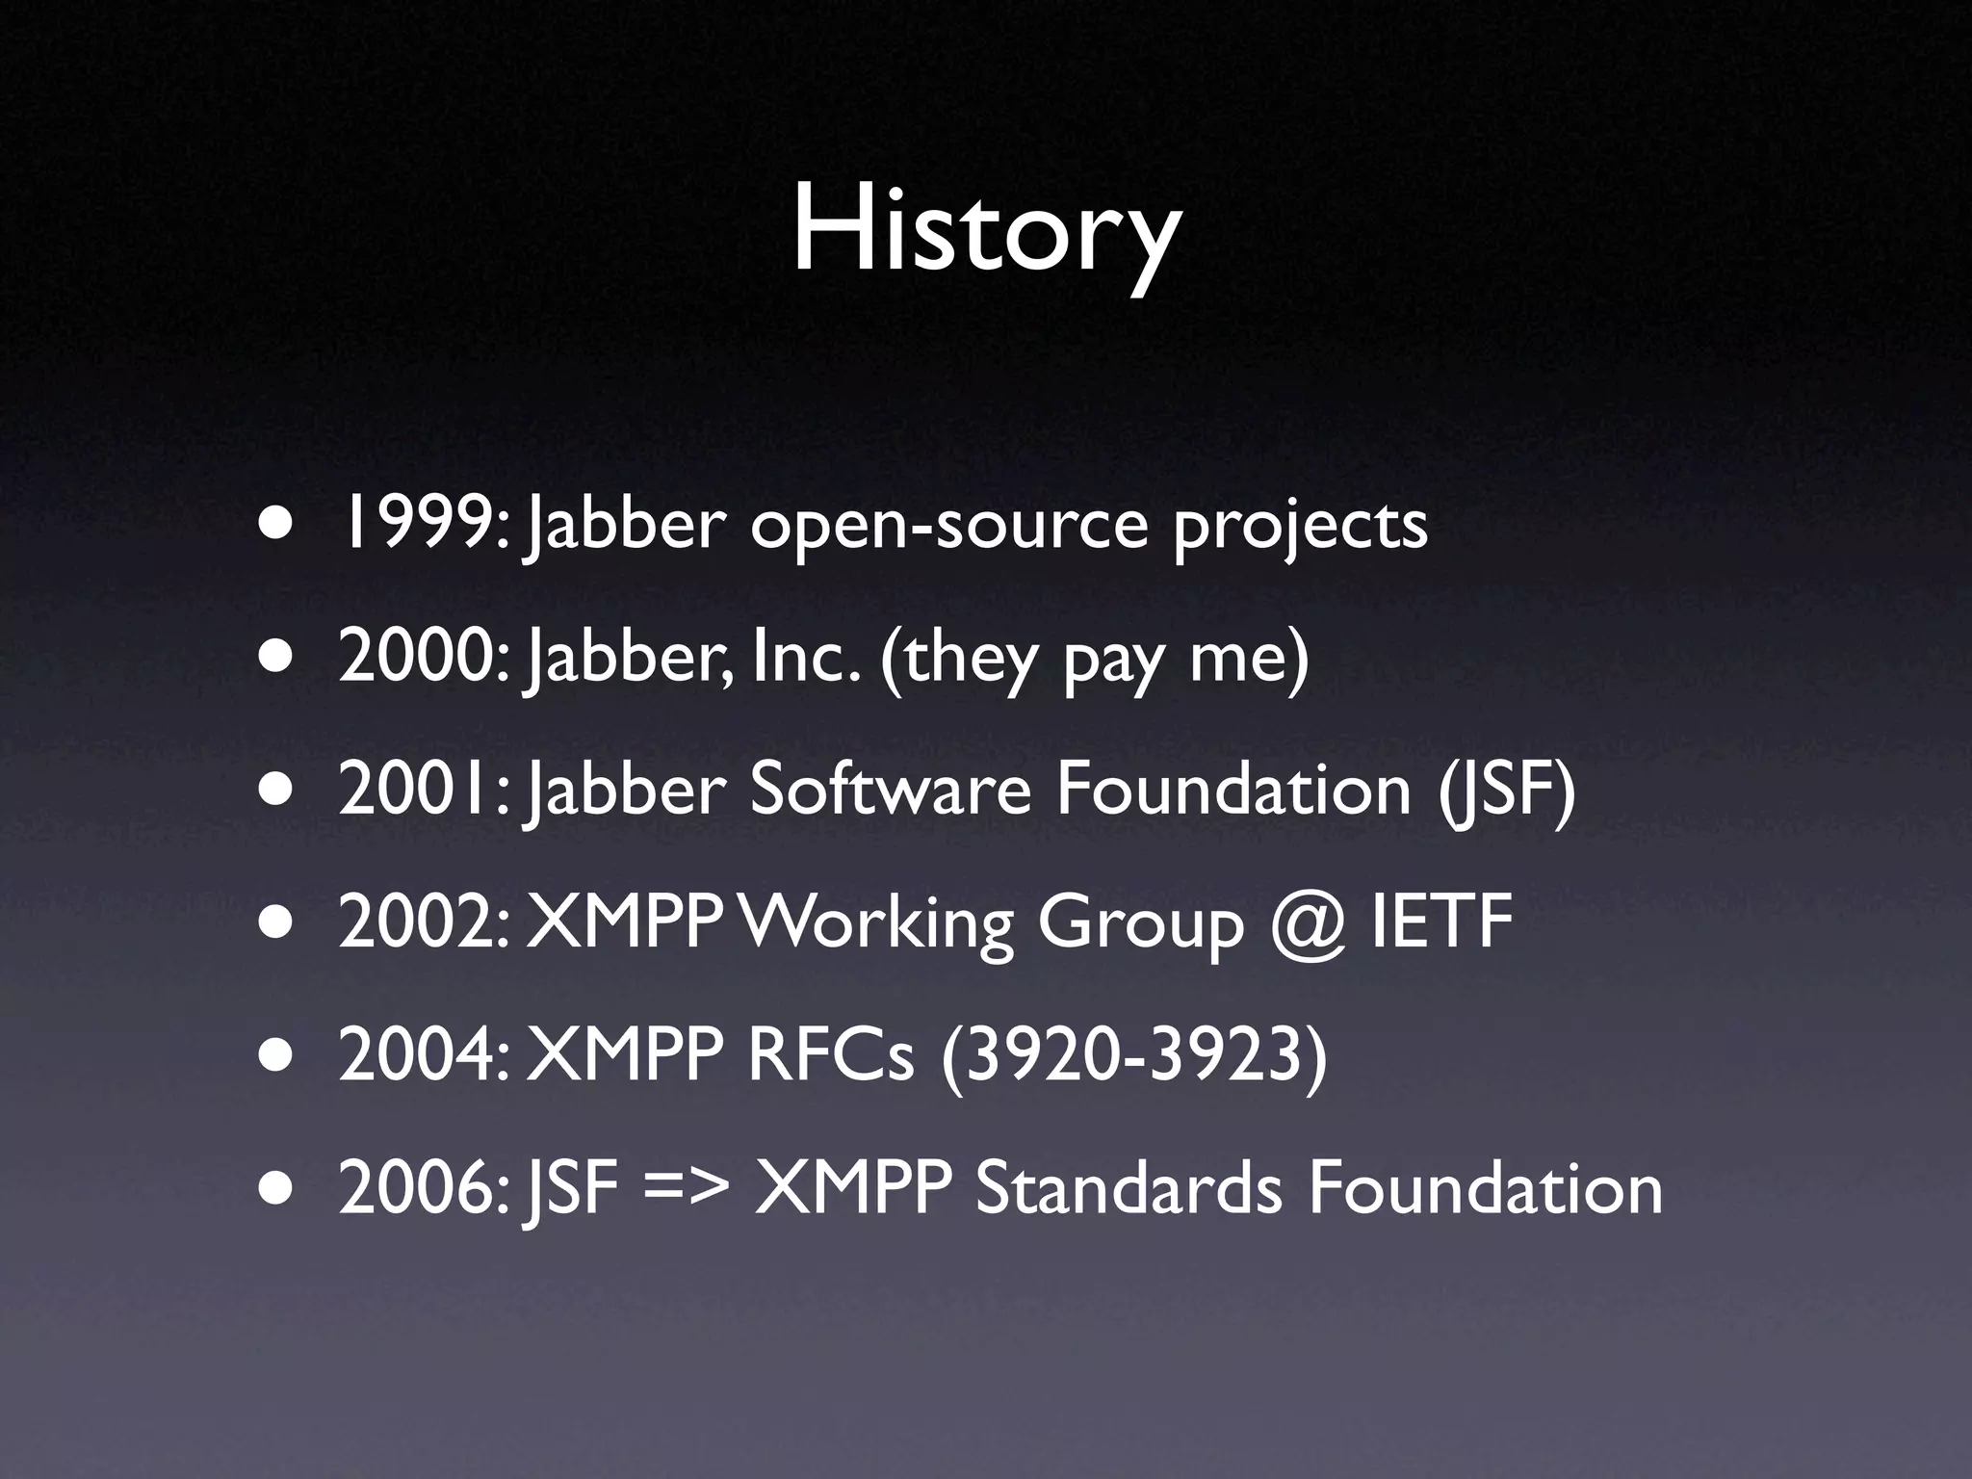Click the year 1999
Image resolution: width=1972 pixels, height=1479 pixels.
pos(415,526)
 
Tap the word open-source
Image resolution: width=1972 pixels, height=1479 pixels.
pos(948,528)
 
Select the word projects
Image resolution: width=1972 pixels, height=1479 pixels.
pos(1300,530)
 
